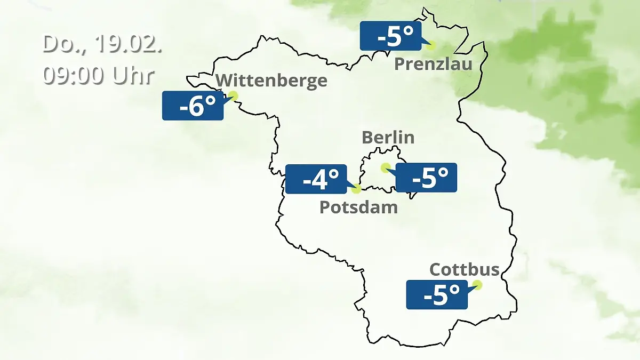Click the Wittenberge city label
(271, 81)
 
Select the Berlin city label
(388, 137)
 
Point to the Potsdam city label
(358, 207)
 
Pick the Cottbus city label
(464, 269)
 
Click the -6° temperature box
(193, 106)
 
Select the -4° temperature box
(316, 179)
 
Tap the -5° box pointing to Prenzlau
(390, 36)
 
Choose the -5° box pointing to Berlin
(426, 178)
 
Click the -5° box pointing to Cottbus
(437, 294)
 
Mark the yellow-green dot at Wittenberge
(233, 95)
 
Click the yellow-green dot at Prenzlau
(430, 45)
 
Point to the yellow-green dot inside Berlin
(385, 167)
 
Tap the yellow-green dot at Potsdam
(357, 188)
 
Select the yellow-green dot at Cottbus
(477, 285)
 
